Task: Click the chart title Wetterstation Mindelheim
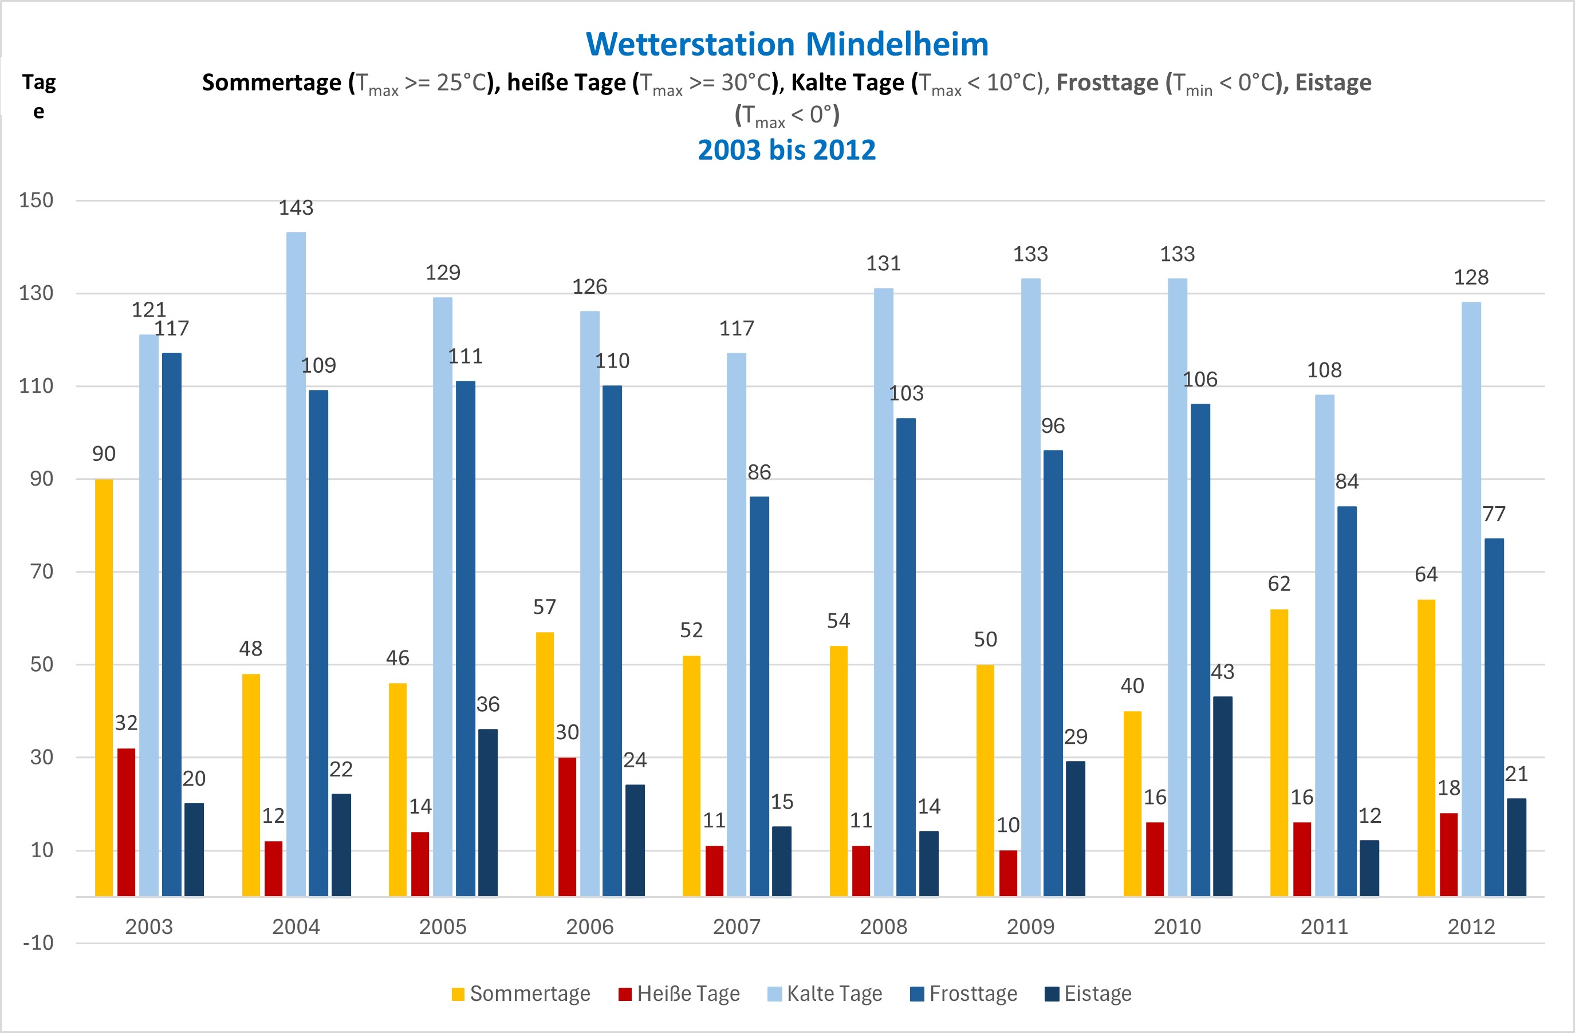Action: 787,44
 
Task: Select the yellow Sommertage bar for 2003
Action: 104,688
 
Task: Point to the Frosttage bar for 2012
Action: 1494,717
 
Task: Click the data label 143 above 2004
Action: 296,208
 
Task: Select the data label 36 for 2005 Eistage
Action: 488,704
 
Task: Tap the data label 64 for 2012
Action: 1426,574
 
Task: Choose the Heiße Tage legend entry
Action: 680,994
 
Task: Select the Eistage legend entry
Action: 1089,994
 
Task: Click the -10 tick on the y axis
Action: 38,943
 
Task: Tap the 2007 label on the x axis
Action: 737,926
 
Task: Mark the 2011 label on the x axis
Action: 1324,926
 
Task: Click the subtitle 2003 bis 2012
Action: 787,150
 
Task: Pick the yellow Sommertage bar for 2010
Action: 1132,803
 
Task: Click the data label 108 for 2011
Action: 1324,370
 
